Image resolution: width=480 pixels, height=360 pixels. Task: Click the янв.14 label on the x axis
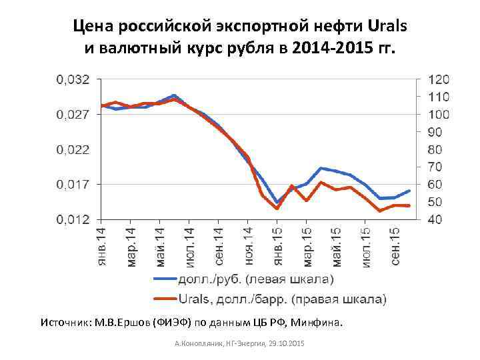tap(101, 247)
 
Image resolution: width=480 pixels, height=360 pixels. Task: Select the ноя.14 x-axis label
tap(247, 247)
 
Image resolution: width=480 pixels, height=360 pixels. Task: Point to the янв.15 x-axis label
tap(277, 247)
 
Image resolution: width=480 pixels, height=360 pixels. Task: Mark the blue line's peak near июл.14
tap(174, 96)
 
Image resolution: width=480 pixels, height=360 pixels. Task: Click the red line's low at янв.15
tap(277, 208)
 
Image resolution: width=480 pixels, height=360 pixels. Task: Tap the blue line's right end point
tap(409, 191)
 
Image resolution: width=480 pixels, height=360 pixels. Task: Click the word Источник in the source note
tap(64, 324)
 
